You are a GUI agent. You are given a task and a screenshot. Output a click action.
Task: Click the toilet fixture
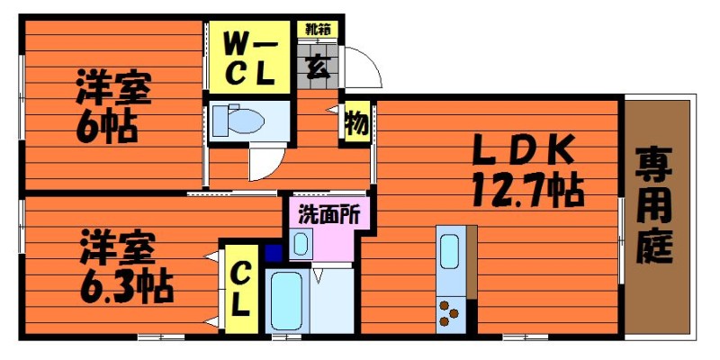point(238,121)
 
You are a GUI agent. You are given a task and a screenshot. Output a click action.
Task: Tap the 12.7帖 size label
point(527,190)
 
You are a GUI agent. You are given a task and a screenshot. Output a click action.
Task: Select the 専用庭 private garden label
point(654,205)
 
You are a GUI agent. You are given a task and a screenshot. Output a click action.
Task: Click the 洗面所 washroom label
point(328,214)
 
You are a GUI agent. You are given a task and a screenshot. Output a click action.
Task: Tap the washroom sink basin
point(301,244)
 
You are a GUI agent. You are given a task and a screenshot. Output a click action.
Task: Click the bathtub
point(286,301)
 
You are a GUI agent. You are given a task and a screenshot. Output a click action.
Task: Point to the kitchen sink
point(449,251)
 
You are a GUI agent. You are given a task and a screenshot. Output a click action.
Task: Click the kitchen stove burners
point(447,312)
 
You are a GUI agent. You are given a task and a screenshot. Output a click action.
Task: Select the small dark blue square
point(274,253)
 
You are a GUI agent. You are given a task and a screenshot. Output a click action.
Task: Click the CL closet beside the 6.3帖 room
point(240,289)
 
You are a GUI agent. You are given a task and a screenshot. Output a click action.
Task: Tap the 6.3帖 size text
point(126,288)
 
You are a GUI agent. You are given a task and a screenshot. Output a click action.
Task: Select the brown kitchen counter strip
point(472,262)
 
